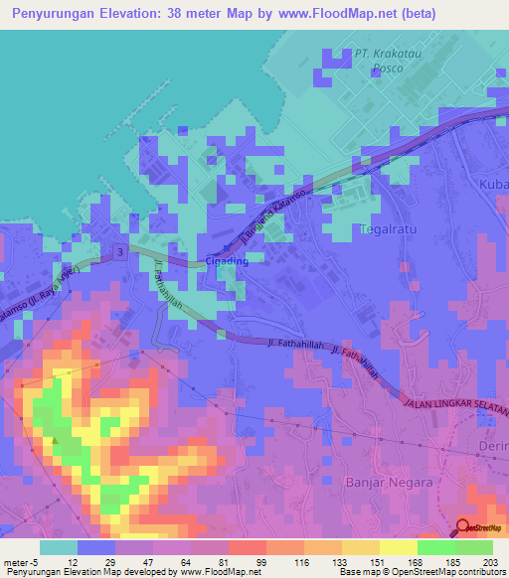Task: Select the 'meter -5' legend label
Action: (x=21, y=562)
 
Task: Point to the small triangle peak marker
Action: (x=57, y=440)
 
